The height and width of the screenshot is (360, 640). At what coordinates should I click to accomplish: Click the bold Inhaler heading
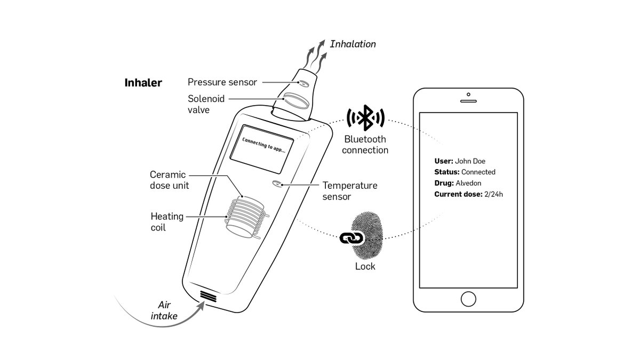point(143,83)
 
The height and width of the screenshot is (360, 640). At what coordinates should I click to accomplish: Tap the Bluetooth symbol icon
point(365,117)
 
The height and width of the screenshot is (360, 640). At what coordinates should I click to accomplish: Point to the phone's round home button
point(468,299)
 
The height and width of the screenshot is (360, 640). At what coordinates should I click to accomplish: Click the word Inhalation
point(353,44)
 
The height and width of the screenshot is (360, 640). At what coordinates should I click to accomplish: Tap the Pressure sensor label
point(222,82)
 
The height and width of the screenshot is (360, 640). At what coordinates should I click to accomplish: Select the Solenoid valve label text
point(206,105)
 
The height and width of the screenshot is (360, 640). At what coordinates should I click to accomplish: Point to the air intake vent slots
point(209,297)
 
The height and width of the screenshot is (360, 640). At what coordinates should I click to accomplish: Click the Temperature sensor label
point(350,191)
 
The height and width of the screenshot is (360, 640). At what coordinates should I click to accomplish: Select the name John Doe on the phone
point(470,161)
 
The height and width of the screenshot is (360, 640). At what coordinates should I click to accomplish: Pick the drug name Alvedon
point(468,183)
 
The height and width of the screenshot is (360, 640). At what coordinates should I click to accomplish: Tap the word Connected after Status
point(478,172)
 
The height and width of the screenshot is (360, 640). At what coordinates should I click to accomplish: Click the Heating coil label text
point(166,222)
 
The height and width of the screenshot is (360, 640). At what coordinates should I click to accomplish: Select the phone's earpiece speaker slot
point(468,100)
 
